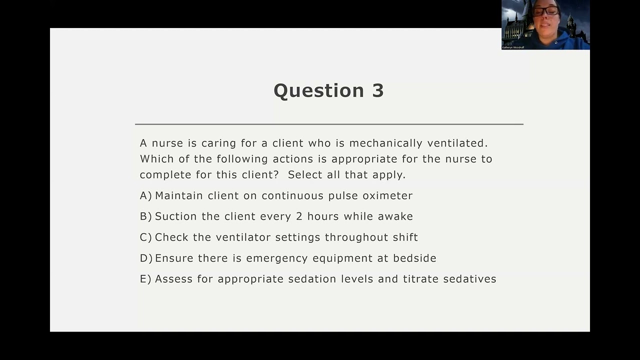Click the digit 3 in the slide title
coord(377,90)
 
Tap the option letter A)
coord(145,195)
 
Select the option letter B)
coord(145,216)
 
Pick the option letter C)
coord(145,237)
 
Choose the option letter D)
coord(146,258)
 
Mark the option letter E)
coord(145,279)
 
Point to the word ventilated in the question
coord(457,143)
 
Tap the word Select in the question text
coord(303,174)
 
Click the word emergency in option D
coord(277,258)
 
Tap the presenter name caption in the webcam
coord(513,47)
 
